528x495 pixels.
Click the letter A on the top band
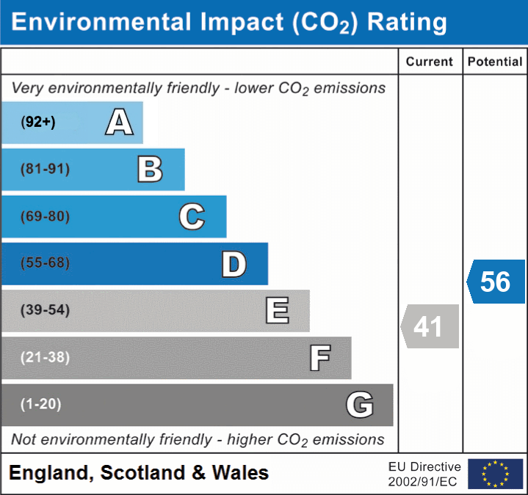119,122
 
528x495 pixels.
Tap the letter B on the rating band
150,169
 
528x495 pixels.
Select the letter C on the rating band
192,217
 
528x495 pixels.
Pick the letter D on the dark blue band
234,264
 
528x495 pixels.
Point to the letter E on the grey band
277,311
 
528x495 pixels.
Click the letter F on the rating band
319,359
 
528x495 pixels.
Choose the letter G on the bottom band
360,405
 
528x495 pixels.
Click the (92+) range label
39,122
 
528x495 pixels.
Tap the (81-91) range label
45,169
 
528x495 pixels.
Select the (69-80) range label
45,217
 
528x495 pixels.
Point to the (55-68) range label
45,263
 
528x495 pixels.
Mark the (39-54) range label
45,310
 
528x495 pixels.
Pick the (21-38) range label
45,358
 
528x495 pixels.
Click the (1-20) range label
41,404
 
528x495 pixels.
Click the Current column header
430,62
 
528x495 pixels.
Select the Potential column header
495,62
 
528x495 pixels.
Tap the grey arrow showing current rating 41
430,326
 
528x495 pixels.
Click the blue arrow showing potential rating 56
496,282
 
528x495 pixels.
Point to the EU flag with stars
495,474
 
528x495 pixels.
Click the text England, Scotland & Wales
139,473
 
